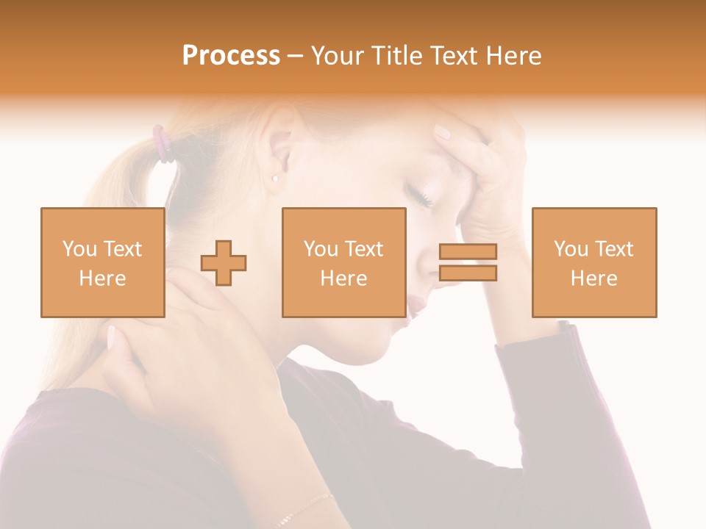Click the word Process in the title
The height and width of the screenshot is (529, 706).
(231, 56)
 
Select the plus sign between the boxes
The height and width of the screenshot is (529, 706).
(224, 262)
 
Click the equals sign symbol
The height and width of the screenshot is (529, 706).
(468, 262)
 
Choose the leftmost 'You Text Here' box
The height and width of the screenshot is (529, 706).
(103, 262)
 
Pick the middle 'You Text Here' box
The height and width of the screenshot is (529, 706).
(343, 262)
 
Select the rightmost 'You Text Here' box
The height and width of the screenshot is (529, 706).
(593, 262)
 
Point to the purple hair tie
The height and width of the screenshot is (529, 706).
(162, 143)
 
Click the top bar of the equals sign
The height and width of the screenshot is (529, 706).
(468, 251)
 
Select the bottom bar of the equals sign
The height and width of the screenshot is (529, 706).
(468, 273)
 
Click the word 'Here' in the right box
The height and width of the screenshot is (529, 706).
(593, 278)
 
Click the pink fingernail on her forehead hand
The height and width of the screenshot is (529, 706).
(442, 132)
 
